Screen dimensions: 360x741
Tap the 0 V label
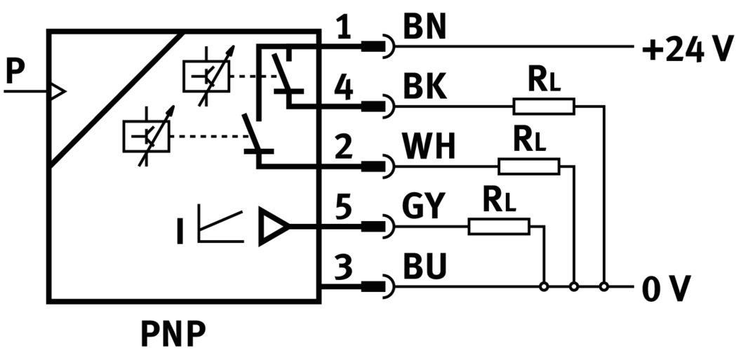point(666,288)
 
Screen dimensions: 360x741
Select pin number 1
point(343,29)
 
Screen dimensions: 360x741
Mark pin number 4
point(343,88)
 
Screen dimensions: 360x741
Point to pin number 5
point(344,209)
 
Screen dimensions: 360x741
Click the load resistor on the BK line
point(544,107)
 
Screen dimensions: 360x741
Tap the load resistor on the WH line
point(529,166)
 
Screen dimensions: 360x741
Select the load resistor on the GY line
point(499,226)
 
